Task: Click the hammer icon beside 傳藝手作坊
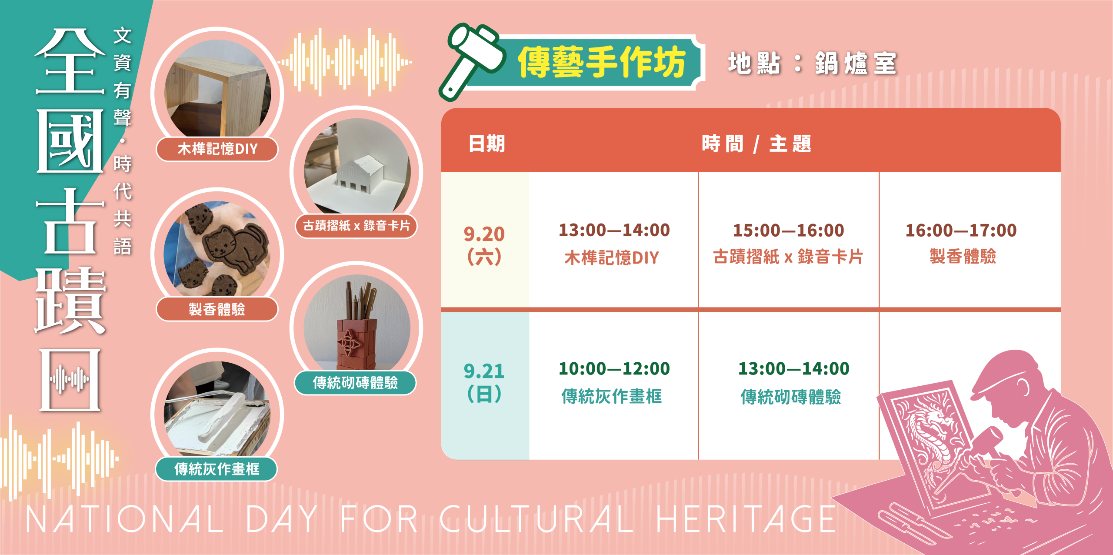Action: (472, 61)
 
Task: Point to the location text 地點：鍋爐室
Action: (812, 64)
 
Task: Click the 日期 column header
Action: (487, 144)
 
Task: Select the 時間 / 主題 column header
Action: (756, 144)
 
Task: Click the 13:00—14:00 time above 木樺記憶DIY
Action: (614, 230)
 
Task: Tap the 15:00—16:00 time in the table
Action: (789, 231)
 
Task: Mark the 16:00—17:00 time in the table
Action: (961, 231)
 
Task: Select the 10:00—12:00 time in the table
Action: (614, 369)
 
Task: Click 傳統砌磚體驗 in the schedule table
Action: (791, 397)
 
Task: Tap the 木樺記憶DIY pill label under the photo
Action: (217, 149)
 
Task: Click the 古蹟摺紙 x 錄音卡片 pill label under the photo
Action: (357, 226)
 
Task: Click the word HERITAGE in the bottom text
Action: (746, 519)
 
